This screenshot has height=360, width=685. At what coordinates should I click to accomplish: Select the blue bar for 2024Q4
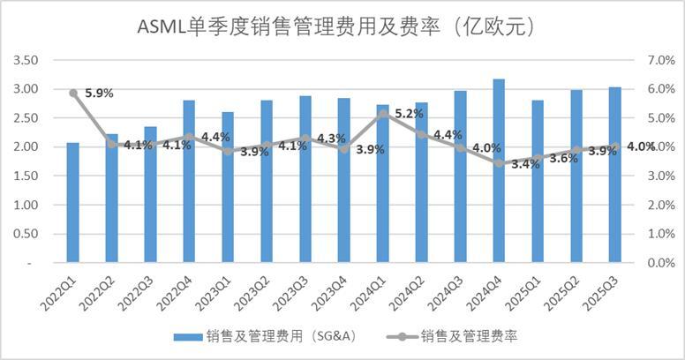(499, 171)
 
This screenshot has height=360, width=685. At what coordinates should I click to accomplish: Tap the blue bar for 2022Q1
(72, 203)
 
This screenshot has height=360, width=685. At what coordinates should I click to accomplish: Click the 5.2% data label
(410, 114)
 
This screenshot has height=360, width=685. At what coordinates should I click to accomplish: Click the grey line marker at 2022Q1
(73, 93)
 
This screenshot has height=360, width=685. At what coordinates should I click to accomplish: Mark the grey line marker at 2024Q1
(382, 113)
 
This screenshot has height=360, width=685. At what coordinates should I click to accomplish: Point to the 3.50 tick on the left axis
(27, 60)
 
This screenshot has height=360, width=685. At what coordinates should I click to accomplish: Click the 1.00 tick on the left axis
(27, 205)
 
